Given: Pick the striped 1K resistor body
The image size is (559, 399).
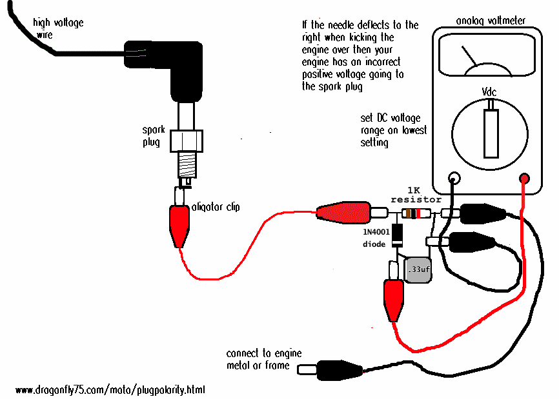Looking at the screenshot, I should tap(414, 213).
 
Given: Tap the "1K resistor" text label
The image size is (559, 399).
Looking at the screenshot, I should tap(415, 195).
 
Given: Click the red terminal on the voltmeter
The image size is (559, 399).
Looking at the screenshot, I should tap(524, 178).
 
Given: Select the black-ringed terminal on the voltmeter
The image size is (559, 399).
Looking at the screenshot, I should tap(454, 178).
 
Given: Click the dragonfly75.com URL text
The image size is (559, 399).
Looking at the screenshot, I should tap(110, 390).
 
